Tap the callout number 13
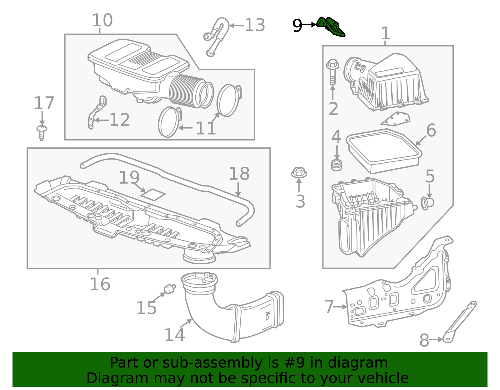tap(255, 25)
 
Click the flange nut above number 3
tap(299, 172)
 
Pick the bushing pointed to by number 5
tap(427, 203)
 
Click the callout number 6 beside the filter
tap(431, 130)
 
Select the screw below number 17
tap(42, 132)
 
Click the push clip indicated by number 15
tap(170, 289)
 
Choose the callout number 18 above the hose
tap(239, 174)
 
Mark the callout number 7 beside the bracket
tap(329, 307)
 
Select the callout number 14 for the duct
tap(174, 335)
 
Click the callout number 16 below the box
tap(100, 284)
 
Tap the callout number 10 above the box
tap(102, 20)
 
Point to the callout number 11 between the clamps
tap(206, 128)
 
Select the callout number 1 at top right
tap(386, 33)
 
